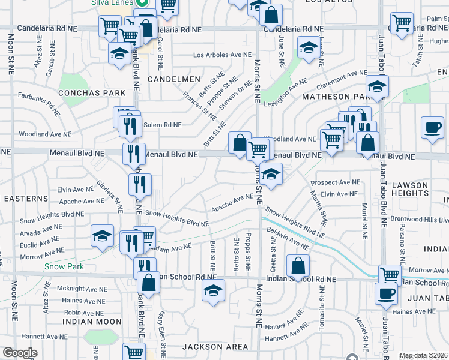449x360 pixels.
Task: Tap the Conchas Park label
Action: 92,93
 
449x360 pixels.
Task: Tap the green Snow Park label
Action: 63,266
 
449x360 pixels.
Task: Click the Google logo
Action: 20,353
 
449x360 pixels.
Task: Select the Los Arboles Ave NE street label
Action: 221,55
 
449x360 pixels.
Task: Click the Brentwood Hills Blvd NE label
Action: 418,219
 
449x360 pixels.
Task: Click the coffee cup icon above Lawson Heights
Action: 432,127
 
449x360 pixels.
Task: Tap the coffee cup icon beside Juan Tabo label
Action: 386,293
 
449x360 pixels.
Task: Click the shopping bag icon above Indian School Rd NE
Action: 298,265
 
